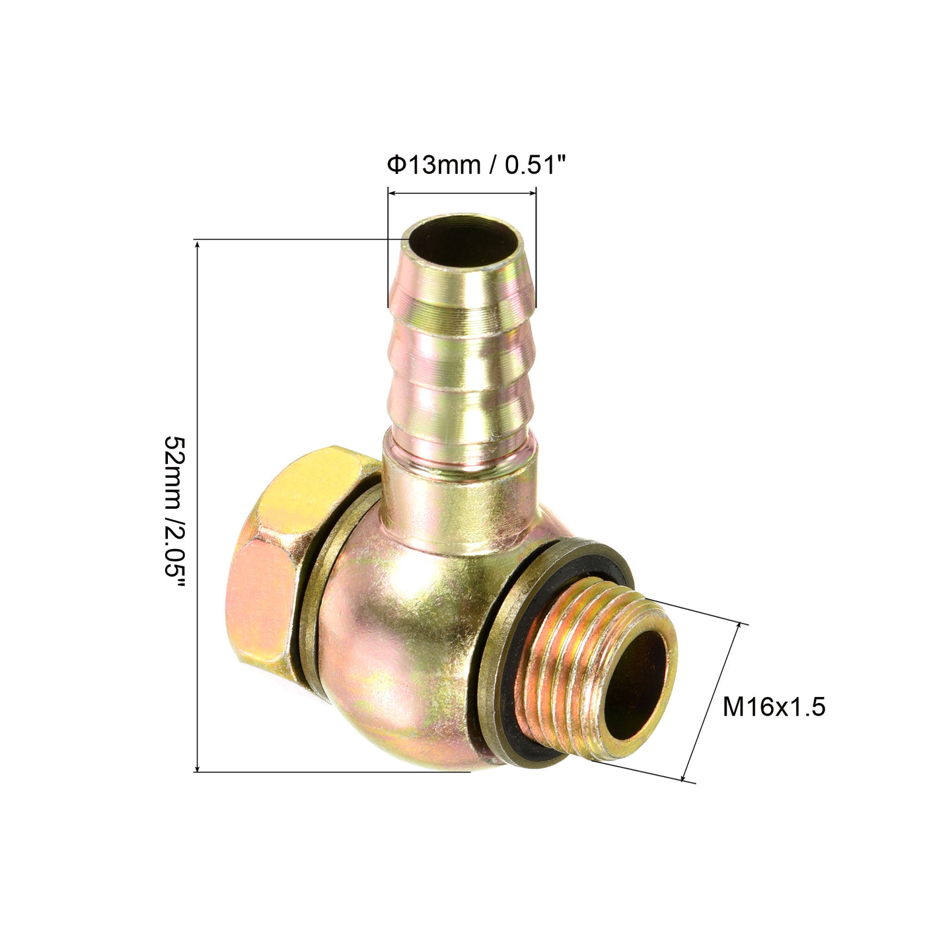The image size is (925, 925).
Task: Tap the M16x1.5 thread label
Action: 774,707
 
